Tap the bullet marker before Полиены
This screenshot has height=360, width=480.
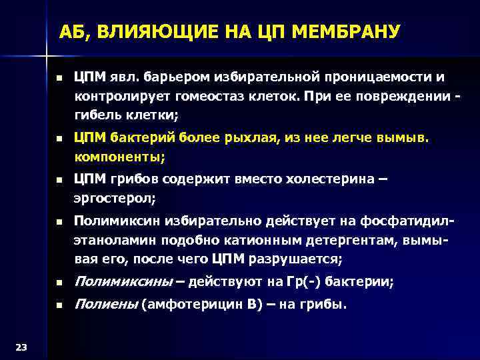pos(59,305)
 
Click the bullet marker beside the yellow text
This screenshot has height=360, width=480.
pos(59,139)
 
